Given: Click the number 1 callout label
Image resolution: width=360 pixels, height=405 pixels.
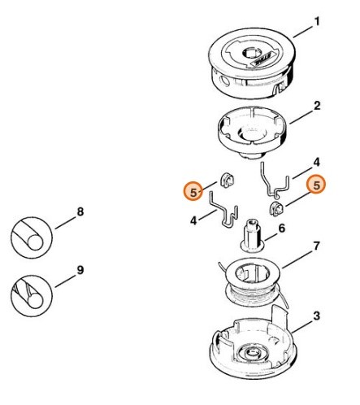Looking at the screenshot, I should pos(318,20).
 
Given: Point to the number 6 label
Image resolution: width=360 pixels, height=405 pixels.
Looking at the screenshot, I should pos(282,229).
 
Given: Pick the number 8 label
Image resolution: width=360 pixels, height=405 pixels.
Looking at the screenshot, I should pos(80,212).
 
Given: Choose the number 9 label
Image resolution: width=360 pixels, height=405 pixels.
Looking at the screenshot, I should pos(80,269).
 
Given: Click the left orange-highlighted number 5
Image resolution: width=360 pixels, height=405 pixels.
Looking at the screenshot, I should pos(193,192).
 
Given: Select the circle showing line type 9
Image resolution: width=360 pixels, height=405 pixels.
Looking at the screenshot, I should pos(31,292).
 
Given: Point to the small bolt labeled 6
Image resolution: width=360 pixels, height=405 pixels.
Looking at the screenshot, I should pos(249,236).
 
